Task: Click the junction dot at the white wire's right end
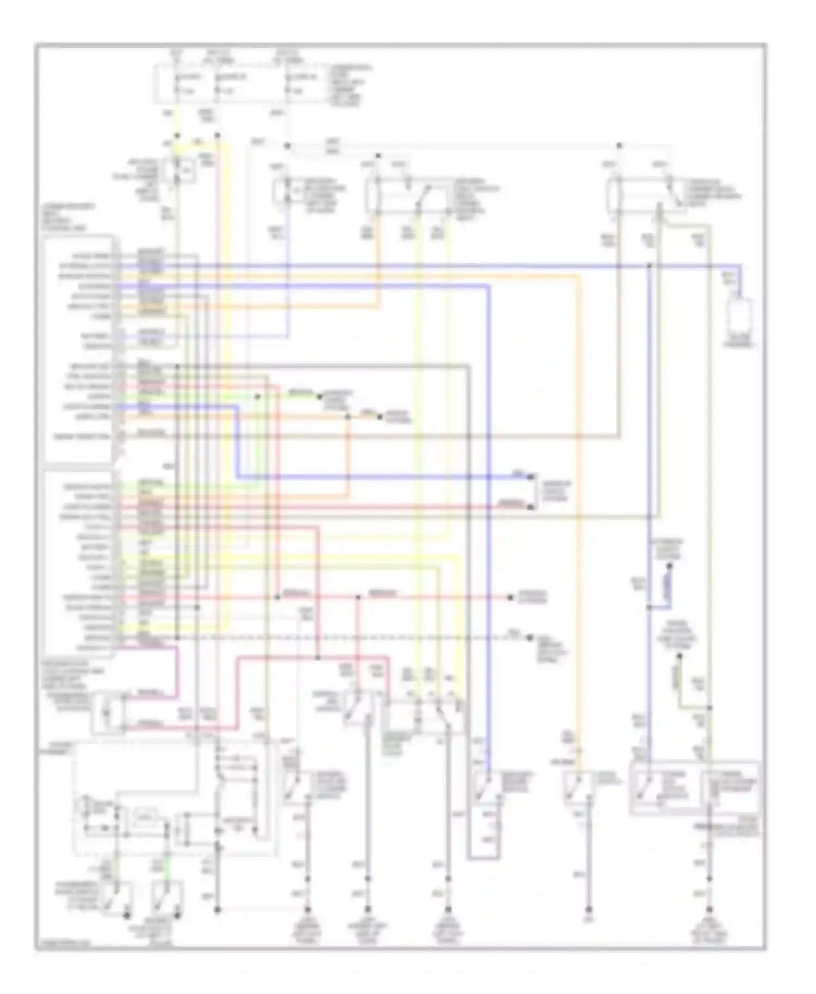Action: pyautogui.click(x=619, y=146)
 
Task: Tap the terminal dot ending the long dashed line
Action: pyautogui.click(x=529, y=637)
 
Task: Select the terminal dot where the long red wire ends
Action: pyautogui.click(x=510, y=597)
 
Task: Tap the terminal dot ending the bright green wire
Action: pyautogui.click(x=321, y=396)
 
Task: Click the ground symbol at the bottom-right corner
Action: pyautogui.click(x=709, y=909)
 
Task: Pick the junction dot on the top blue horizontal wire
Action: pyautogui.click(x=649, y=266)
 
